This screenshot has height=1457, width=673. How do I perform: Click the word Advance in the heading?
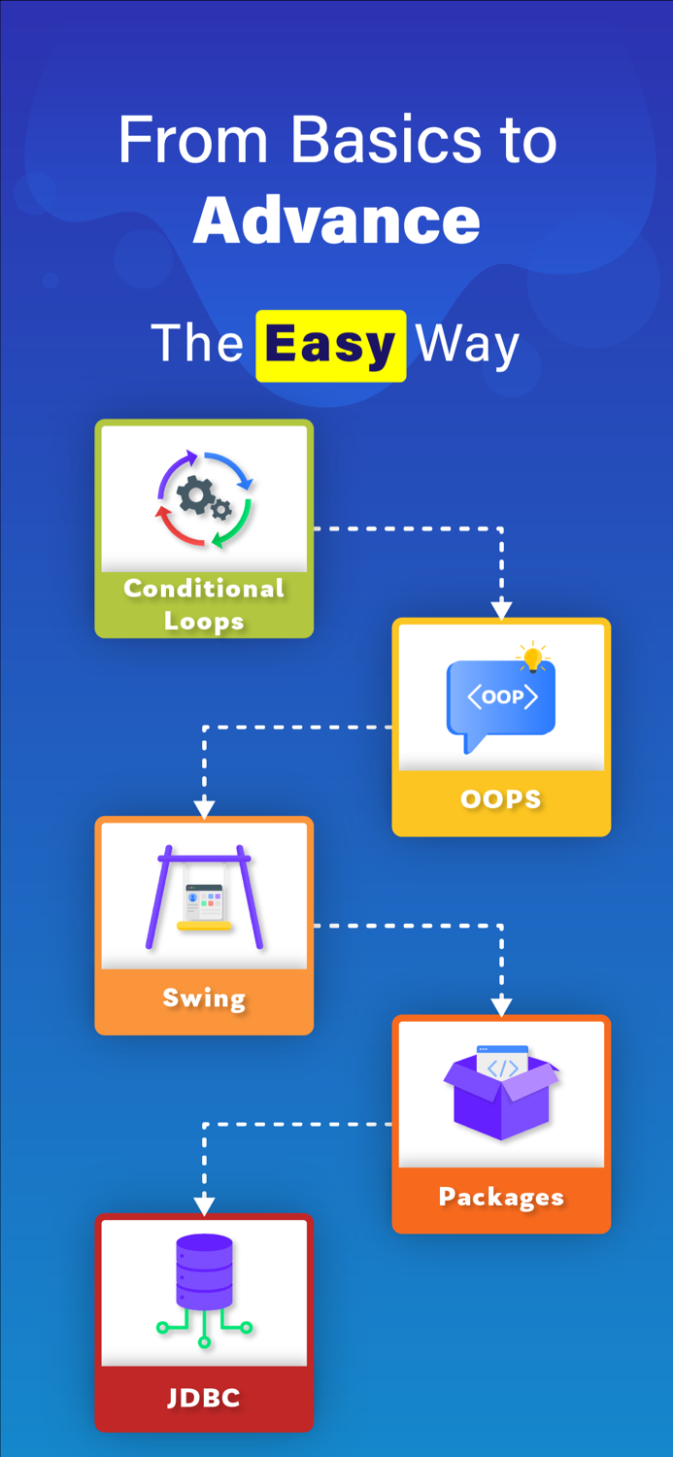point(337,221)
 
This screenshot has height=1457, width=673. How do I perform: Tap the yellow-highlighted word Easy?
point(330,345)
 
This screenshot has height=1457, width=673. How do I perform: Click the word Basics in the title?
point(386,141)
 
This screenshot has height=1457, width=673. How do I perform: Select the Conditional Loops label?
point(204,604)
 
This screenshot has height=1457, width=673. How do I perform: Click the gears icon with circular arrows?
point(205,499)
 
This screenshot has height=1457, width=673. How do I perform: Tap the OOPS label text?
point(501,799)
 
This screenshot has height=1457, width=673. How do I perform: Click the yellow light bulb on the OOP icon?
point(532,659)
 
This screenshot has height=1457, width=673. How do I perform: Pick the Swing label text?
point(204,998)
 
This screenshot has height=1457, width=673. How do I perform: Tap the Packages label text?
point(501,1197)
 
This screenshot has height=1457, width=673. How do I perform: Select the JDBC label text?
point(204,1399)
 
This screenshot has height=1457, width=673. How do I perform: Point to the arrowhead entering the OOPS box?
point(501,611)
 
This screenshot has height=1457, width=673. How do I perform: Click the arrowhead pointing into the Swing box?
point(204,809)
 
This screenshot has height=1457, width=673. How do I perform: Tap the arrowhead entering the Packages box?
point(501,1007)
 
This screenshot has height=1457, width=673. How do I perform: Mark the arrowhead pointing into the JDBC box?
point(204,1206)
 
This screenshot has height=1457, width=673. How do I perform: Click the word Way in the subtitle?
point(467,345)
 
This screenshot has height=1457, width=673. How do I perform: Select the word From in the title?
point(192,141)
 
